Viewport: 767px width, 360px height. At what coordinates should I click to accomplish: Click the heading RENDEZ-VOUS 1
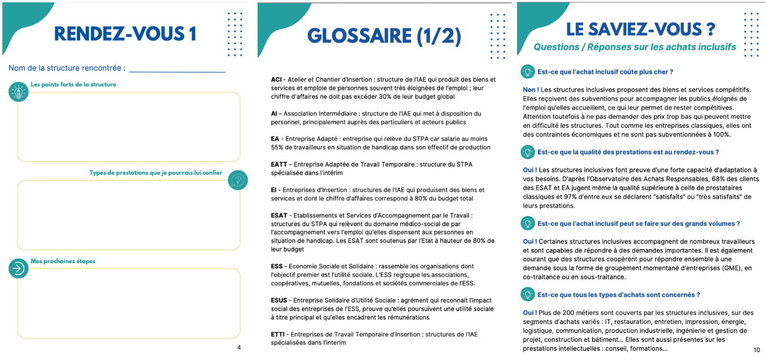125,34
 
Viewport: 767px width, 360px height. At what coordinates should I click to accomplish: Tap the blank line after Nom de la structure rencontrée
177,70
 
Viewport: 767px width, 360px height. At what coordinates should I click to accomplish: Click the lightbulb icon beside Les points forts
19,92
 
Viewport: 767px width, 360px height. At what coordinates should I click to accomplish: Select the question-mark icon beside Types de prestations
238,180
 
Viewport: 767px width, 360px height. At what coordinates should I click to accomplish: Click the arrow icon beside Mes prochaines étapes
18,268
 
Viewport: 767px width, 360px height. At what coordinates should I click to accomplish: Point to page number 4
239,348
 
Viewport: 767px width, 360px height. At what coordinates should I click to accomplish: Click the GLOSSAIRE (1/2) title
384,36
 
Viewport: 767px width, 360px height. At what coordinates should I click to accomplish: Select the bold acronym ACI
276,80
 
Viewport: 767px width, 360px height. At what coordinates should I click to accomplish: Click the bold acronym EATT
279,165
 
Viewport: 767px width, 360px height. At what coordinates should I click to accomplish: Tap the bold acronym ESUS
279,300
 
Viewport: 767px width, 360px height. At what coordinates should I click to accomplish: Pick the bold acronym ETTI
278,334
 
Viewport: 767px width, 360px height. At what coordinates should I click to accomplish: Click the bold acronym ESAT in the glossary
279,216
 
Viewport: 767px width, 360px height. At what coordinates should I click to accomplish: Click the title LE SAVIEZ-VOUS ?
641,30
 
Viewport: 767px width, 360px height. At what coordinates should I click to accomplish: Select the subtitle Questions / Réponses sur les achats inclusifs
635,47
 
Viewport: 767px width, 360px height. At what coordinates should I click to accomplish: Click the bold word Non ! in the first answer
531,90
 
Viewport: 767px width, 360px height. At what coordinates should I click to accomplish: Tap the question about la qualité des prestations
628,152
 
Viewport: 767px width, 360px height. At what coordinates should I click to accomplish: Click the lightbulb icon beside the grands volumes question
528,223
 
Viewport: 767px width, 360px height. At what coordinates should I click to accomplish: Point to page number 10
757,350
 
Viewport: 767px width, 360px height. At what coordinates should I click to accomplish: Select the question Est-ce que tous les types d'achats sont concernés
618,295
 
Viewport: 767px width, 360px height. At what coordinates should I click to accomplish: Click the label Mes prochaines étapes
63,261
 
